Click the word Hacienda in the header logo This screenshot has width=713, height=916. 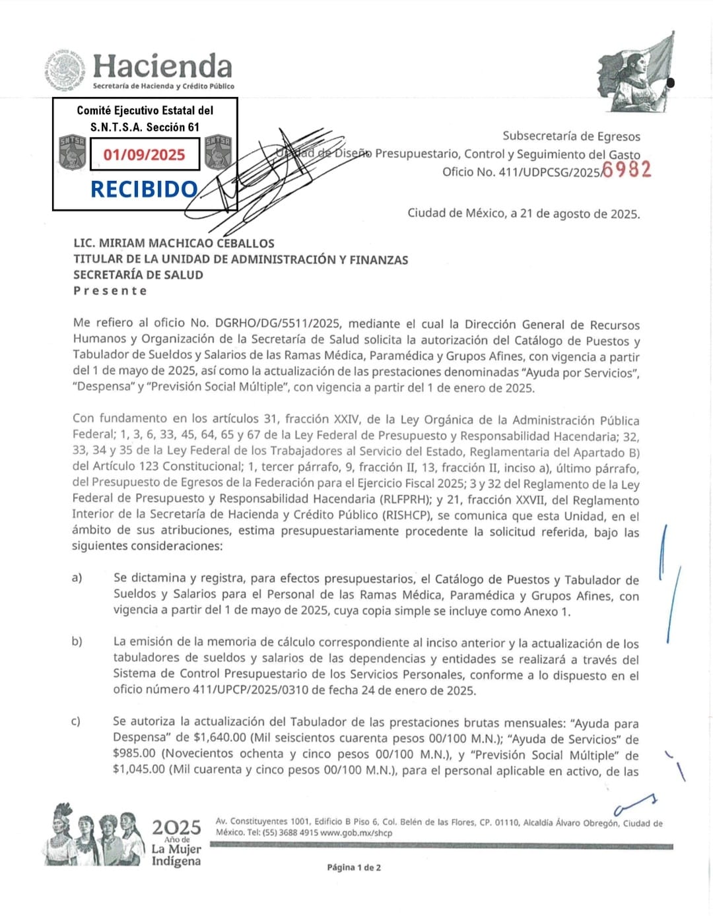point(162,66)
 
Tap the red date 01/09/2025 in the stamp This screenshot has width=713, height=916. point(145,154)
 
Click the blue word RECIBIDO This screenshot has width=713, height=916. point(144,189)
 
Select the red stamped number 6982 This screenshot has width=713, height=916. point(627,170)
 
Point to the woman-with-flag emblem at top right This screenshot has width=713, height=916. point(635,73)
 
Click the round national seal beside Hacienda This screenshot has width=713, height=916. point(66,70)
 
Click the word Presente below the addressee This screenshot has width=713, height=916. point(110,291)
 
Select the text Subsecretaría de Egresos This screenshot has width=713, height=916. point(571,136)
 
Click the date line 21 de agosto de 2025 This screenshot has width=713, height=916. point(574,213)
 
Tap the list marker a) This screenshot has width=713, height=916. point(77,578)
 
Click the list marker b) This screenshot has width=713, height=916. point(77,641)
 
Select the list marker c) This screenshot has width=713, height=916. point(76,721)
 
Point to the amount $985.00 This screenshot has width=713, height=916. point(135,754)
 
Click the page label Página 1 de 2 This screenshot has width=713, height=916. point(354,867)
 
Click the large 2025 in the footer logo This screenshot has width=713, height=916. point(176,827)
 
